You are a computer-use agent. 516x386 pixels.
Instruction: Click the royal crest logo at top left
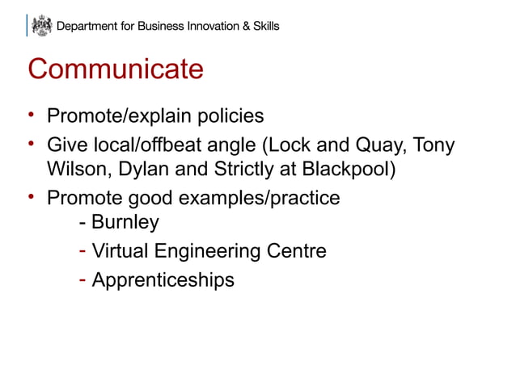[40, 26]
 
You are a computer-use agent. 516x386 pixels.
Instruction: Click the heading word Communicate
[116, 69]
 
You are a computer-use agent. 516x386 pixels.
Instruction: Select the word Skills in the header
[263, 26]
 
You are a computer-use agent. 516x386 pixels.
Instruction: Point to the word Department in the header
[88, 26]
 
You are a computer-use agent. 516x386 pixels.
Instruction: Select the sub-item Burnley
[125, 221]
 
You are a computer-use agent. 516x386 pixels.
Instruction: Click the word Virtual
[120, 251]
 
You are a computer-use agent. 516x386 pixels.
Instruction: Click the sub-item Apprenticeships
[163, 280]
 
